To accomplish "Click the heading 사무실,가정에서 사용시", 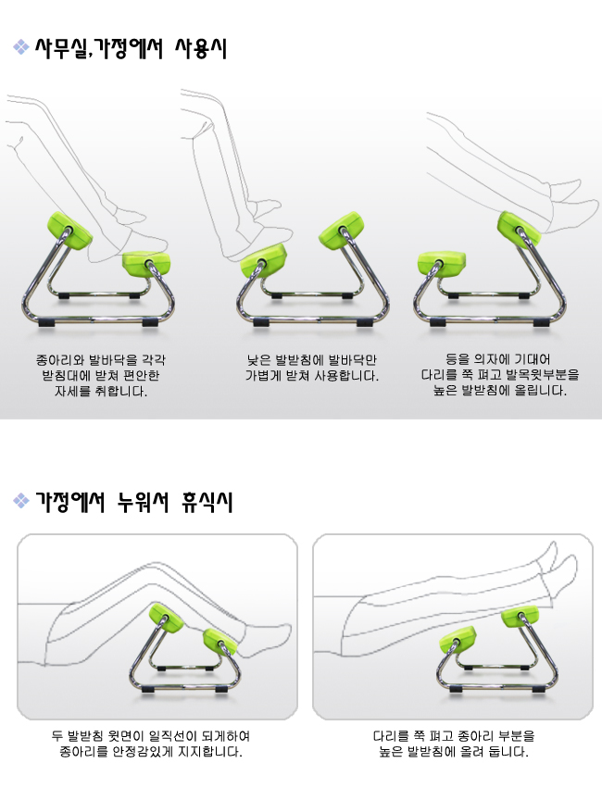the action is click(131, 49).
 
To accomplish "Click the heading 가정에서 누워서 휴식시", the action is click(133, 502).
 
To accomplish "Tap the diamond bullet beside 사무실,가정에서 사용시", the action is click(21, 46).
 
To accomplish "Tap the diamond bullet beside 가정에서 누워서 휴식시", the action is click(21, 501).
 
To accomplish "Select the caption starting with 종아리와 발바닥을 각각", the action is click(101, 375).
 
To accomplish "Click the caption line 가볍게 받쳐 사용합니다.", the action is click(312, 375).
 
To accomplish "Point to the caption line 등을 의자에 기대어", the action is click(497, 359).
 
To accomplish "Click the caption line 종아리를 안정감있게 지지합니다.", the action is click(151, 752).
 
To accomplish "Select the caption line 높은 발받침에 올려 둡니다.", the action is click(453, 752).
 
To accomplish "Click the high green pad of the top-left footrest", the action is click(69, 231).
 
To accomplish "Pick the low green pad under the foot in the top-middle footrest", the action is click(263, 260).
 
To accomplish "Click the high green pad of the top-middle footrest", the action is click(342, 231).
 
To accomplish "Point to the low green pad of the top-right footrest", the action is click(442, 264).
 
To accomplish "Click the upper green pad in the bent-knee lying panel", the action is click(167, 617).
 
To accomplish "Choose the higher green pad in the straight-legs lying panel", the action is click(520, 616).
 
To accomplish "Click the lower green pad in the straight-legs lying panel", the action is click(458, 640).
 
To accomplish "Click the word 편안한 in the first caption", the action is click(141, 375).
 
